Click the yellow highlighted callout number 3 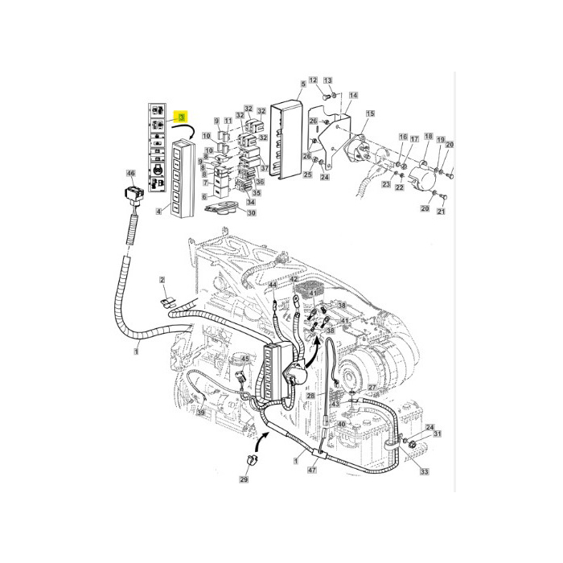click(183, 118)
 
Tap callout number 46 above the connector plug click(131, 174)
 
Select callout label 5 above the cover click(302, 84)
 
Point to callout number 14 click(352, 96)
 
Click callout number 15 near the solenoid click(370, 114)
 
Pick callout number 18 click(428, 137)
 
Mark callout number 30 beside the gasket click(251, 213)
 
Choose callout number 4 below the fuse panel click(158, 212)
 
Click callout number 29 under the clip click(244, 480)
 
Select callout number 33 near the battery click(424, 471)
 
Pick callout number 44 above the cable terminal click(273, 285)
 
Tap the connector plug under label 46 click(132, 195)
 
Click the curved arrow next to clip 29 click(263, 441)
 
